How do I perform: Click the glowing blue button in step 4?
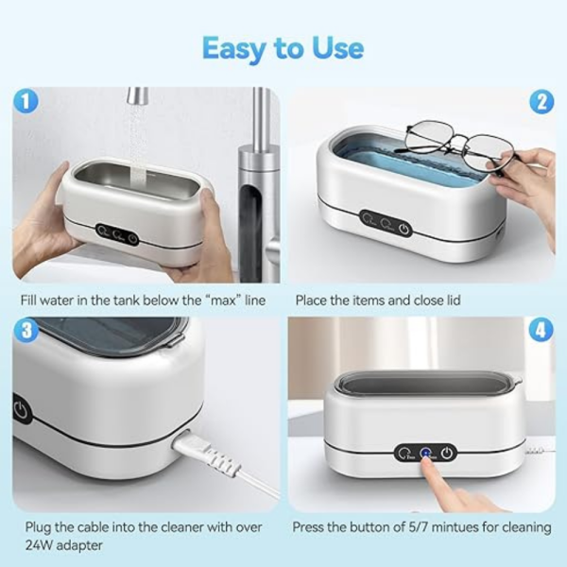426,453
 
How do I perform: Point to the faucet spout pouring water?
138,96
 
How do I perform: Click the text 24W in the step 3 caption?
34,546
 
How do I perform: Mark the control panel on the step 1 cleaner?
118,232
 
